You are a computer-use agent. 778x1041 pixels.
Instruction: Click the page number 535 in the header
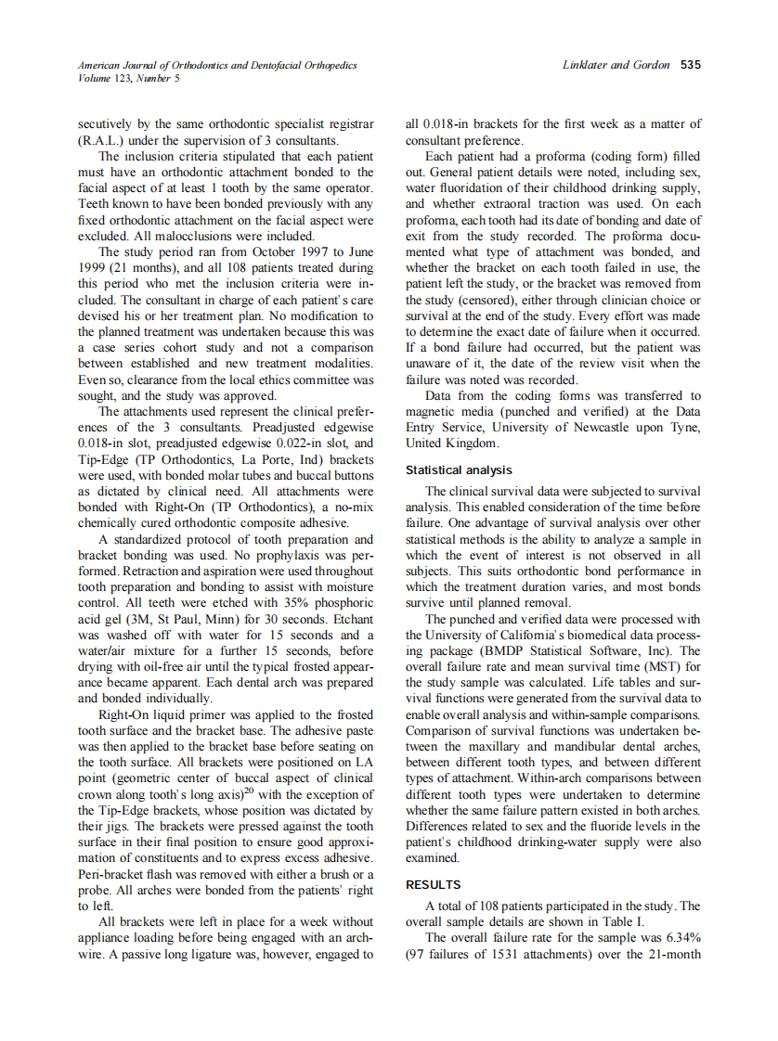click(x=690, y=66)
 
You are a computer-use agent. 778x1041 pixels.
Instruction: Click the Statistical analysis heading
click(x=459, y=470)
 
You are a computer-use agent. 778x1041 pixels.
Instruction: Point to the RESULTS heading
click(x=433, y=885)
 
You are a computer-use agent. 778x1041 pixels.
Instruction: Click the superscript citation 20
click(x=250, y=790)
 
